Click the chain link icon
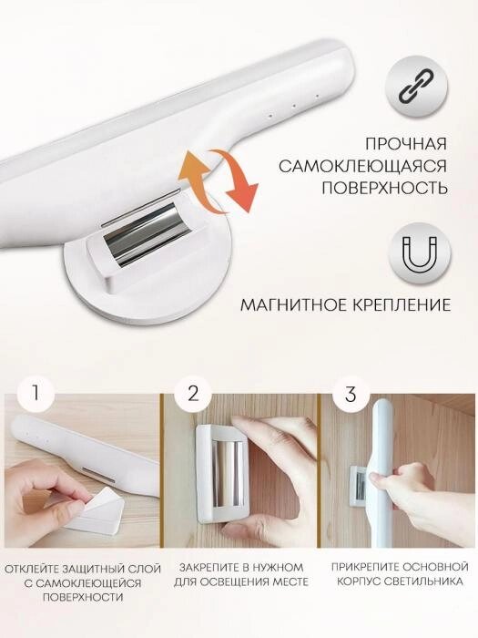pos(416,87)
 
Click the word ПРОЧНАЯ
pos(406,144)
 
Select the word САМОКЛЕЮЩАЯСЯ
pos(363,166)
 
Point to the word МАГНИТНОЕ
pos(292,304)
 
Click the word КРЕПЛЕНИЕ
pos(401,304)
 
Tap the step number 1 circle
pos(36,394)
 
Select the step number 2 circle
pos(193,394)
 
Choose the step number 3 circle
pos(351,394)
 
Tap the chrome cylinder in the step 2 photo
pos(229,473)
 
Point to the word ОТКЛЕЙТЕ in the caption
pos(33,569)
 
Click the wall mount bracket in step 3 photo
pos(360,486)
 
